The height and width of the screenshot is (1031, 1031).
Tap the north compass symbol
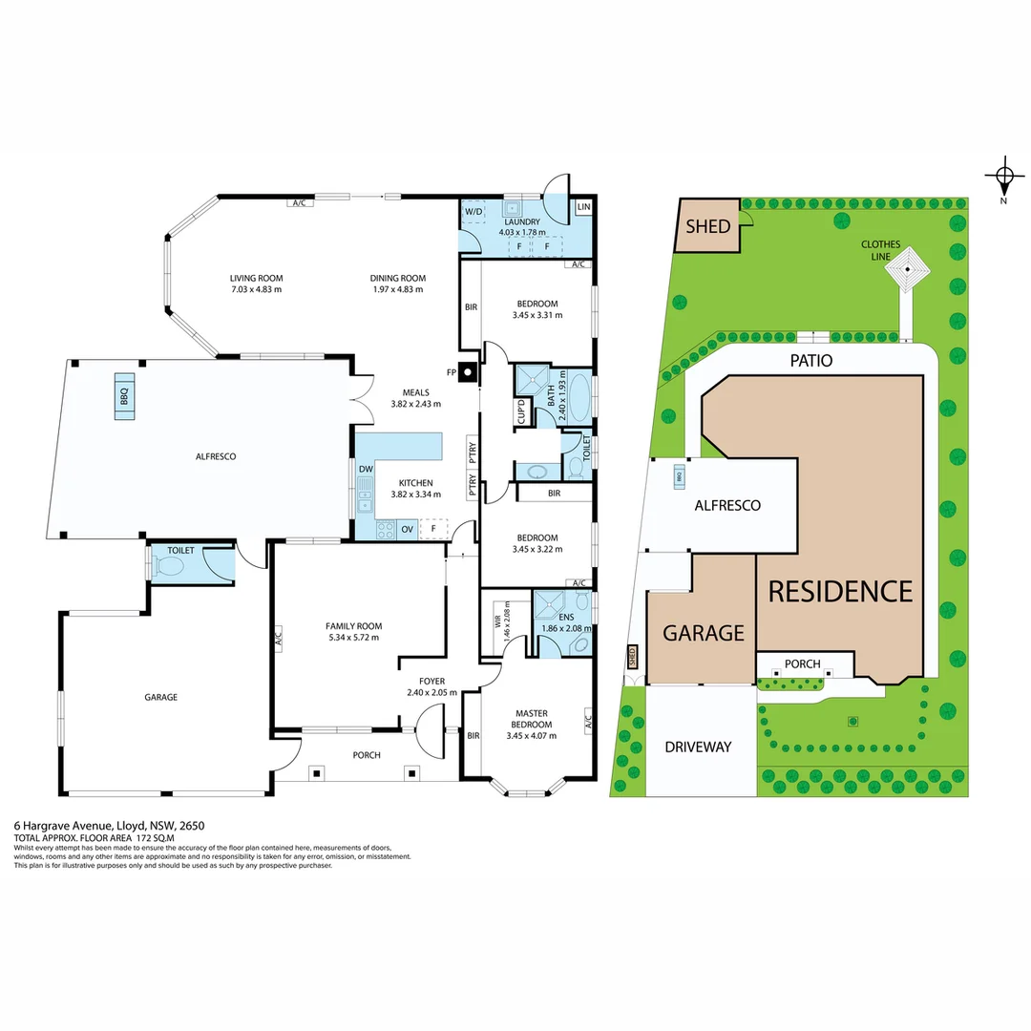click(1003, 176)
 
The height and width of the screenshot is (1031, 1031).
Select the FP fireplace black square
click(467, 372)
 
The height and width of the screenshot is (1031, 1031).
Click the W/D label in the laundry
click(473, 211)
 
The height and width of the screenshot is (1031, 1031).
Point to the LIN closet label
click(582, 207)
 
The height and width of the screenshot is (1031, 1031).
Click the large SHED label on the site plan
click(708, 226)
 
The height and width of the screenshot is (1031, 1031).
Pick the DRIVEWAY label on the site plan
click(698, 747)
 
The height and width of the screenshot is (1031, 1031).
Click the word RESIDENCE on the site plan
click(840, 592)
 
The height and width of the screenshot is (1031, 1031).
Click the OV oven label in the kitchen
click(407, 528)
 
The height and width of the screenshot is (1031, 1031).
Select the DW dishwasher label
click(366, 469)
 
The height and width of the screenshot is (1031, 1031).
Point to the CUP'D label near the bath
click(521, 411)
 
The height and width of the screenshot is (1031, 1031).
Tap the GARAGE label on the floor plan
click(160, 697)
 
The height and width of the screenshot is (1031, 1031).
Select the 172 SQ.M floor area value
click(157, 837)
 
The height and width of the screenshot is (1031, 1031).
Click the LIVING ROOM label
click(256, 279)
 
